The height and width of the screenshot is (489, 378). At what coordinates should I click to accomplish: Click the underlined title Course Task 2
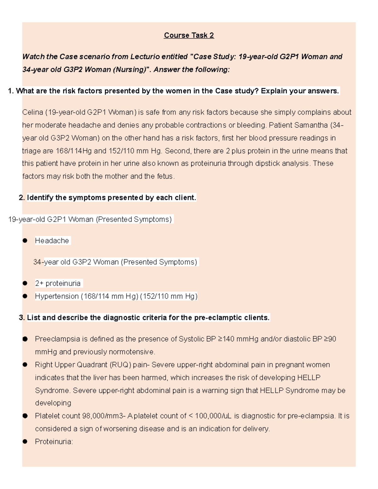(x=189, y=35)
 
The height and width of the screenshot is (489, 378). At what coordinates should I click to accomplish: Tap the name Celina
(x=33, y=112)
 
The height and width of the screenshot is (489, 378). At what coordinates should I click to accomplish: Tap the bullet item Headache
(x=52, y=241)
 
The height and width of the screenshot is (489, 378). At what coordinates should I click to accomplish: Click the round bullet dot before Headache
(x=25, y=241)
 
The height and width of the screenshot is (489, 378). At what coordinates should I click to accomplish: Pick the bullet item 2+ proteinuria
(x=58, y=283)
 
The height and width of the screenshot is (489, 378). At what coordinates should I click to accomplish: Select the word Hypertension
(x=57, y=296)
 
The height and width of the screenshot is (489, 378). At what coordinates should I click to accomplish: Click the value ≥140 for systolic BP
(x=226, y=339)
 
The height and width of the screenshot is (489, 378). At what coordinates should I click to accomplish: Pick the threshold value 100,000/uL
(x=213, y=416)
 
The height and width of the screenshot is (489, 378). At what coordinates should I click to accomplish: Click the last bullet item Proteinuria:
(x=54, y=442)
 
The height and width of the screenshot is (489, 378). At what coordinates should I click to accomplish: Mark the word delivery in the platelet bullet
(x=257, y=429)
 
